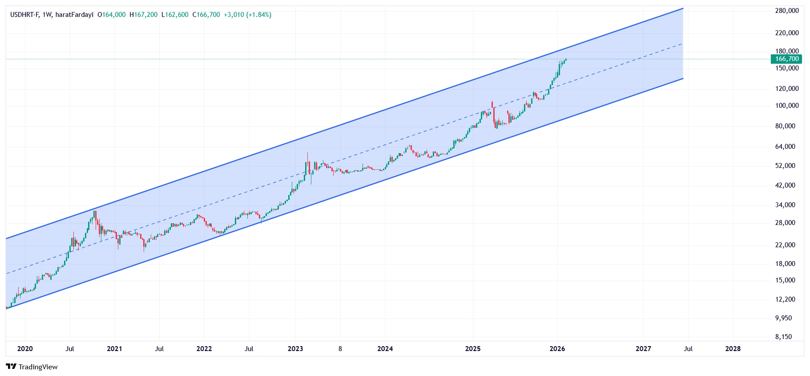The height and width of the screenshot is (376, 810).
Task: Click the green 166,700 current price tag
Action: pos(786,59)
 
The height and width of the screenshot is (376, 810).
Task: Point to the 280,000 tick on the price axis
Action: pos(786,11)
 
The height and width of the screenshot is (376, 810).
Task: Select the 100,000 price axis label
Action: pos(786,106)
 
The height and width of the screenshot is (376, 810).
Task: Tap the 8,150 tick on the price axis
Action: pos(783,337)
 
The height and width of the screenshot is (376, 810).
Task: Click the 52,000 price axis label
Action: pos(785,166)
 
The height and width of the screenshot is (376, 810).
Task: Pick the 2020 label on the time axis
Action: pos(25,349)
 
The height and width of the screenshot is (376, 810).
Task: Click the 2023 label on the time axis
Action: pos(295,349)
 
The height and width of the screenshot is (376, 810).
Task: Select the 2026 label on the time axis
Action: pos(557,349)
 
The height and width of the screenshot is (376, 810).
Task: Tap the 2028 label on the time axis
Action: pos(733,349)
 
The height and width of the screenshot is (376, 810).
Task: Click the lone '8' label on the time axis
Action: pos(340,349)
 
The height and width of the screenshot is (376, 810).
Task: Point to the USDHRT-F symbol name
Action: pos(24,15)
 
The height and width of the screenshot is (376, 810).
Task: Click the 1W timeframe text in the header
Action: pos(47,15)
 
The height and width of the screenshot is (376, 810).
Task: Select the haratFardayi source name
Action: pos(74,15)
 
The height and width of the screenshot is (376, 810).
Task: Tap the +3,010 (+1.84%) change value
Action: pos(247,15)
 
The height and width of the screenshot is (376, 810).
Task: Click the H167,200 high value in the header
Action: pos(143,15)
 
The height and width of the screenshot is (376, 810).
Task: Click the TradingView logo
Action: pos(32,367)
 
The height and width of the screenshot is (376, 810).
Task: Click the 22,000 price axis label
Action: pos(785,245)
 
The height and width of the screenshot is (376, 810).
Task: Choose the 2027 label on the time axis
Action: pos(643,349)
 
